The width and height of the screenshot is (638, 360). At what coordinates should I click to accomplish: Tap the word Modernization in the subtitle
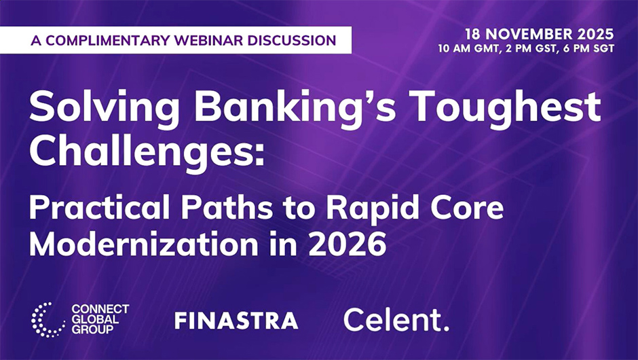[144, 244]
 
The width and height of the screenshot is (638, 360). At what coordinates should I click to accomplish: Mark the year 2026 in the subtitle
[347, 245]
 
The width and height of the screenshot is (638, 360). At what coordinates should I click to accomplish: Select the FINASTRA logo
[236, 321]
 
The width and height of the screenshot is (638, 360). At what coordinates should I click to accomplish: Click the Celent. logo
[396, 320]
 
